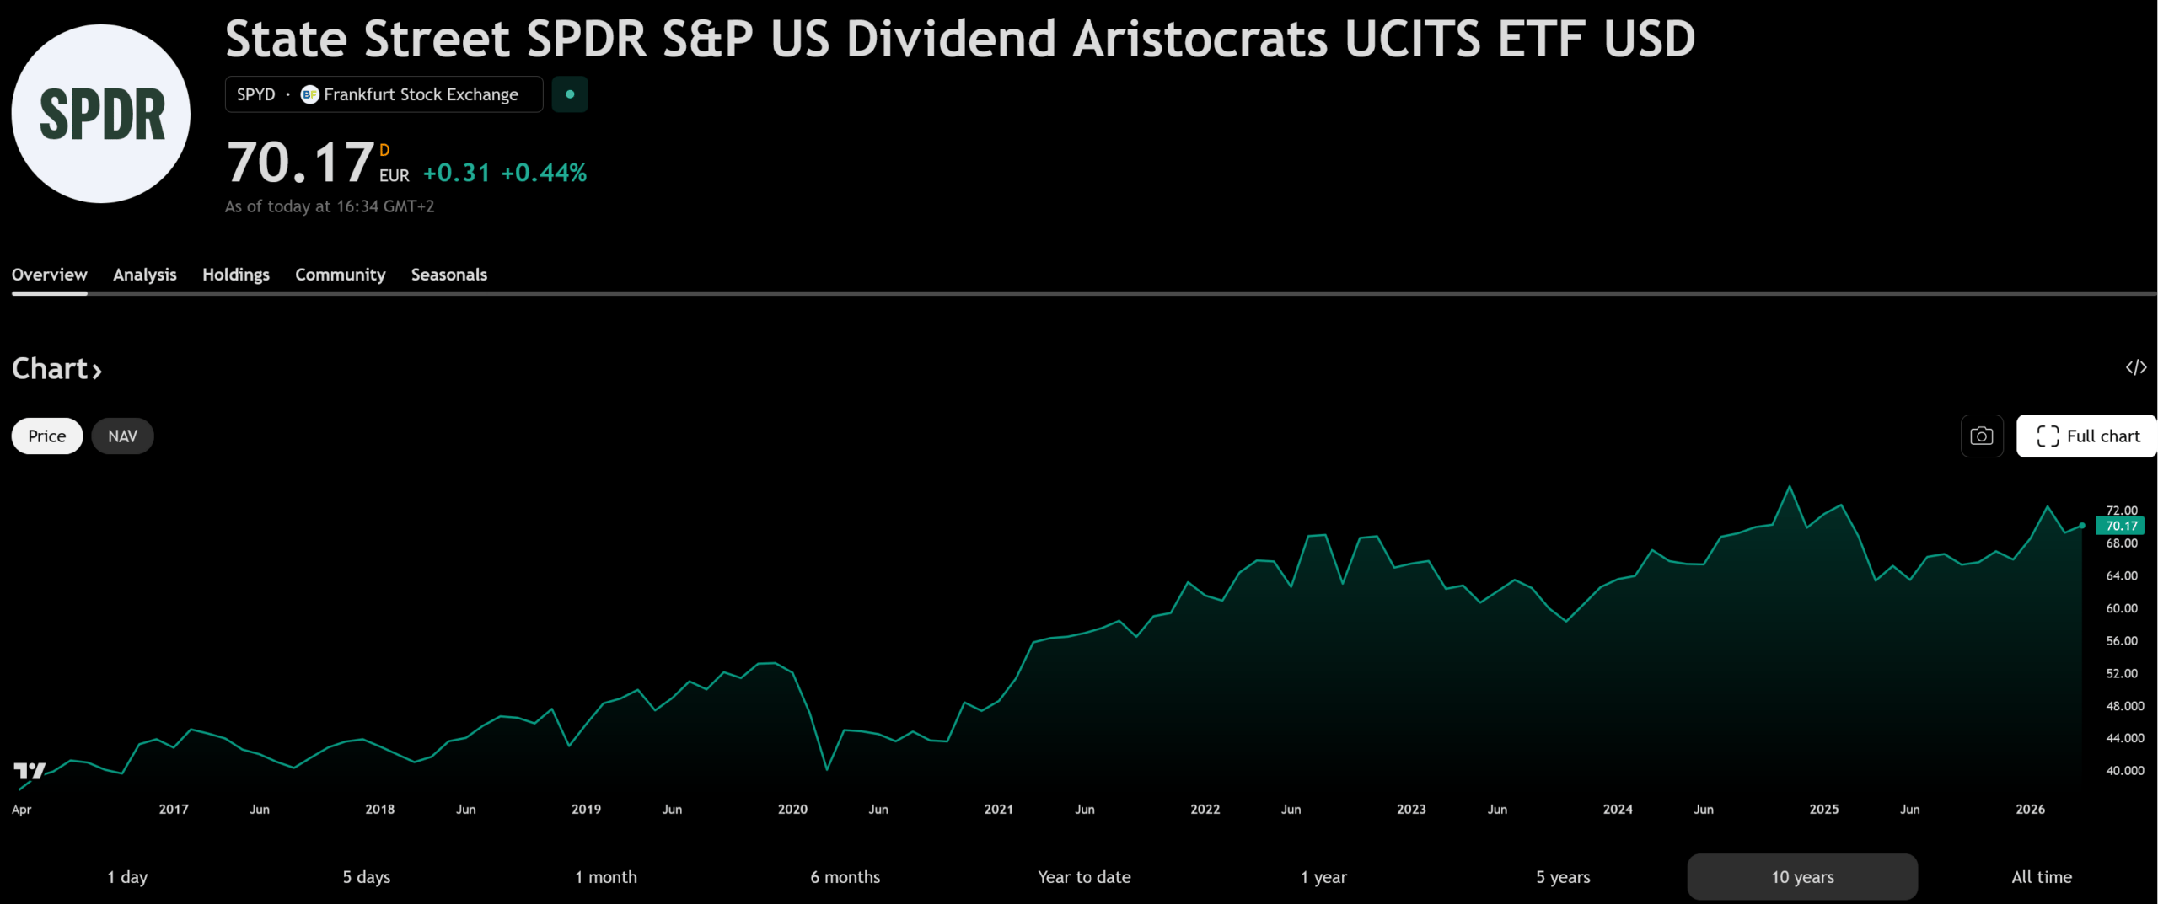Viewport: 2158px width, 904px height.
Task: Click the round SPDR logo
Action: (101, 114)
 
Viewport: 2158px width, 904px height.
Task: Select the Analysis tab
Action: (145, 275)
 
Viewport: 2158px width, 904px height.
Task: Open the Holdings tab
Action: (236, 275)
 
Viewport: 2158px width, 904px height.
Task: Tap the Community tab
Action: (340, 275)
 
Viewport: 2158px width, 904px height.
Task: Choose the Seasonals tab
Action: (448, 275)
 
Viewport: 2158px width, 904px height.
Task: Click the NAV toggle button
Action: (122, 436)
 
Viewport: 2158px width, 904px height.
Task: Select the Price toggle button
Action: (47, 436)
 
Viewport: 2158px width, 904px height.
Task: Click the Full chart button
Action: (2087, 436)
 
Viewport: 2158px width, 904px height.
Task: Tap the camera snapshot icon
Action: (1982, 436)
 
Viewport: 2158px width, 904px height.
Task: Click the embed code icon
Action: (2135, 367)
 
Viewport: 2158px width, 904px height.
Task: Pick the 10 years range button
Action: (1802, 877)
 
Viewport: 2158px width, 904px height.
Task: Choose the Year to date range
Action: (1084, 877)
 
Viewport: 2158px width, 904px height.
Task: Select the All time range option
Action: (2041, 877)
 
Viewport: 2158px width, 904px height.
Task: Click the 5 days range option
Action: (366, 877)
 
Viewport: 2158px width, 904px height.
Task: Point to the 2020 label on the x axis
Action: (792, 810)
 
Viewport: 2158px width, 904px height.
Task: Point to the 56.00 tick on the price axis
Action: (2122, 641)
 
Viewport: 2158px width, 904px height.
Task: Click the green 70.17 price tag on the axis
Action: (2121, 526)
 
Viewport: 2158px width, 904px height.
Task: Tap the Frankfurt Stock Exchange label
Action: (421, 94)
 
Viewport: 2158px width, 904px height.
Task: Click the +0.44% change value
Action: (544, 173)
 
